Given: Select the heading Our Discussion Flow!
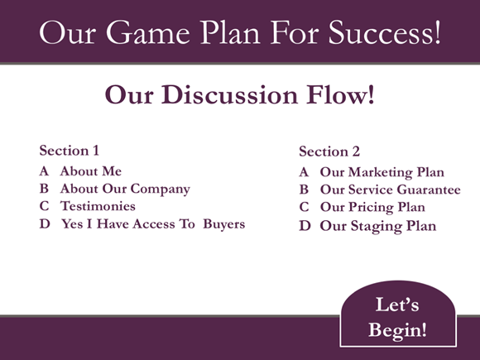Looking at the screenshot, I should pyautogui.click(x=239, y=94).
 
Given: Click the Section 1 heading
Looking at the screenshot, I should pyautogui.click(x=70, y=151).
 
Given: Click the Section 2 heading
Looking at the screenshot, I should pyautogui.click(x=329, y=151).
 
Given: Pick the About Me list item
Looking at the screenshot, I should pyautogui.click(x=91, y=170).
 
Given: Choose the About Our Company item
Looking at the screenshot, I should pyautogui.click(x=125, y=189).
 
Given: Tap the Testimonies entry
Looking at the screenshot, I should pyautogui.click(x=98, y=206).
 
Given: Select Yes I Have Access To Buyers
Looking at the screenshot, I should pyautogui.click(x=153, y=223).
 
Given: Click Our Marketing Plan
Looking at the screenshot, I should pyautogui.click(x=382, y=172).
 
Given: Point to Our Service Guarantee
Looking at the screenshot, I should pyautogui.click(x=390, y=190).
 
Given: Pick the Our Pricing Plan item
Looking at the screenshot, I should pyautogui.click(x=372, y=207).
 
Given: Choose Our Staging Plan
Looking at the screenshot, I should pyautogui.click(x=377, y=225).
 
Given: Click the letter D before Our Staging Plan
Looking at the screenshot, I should pyautogui.click(x=305, y=225).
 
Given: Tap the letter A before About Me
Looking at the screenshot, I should pyautogui.click(x=44, y=170).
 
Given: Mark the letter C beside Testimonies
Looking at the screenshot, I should pyautogui.click(x=44, y=206).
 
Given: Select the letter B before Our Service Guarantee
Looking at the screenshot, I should pyautogui.click(x=305, y=190).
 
